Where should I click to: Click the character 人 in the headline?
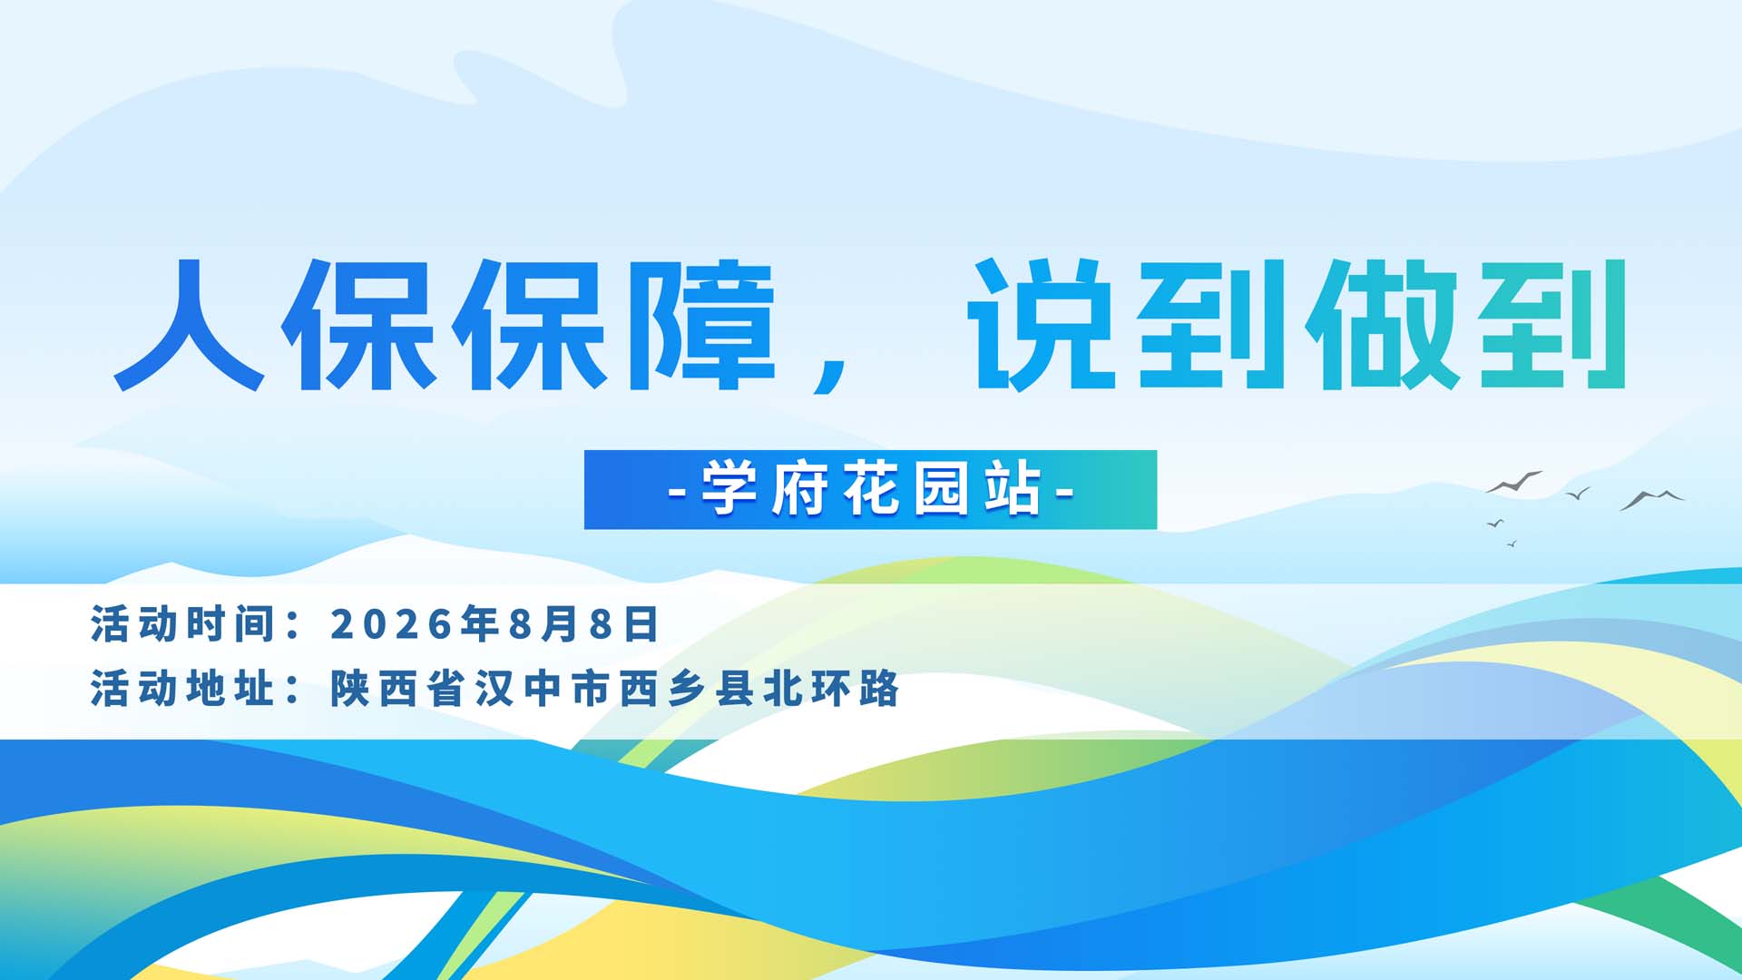[x=189, y=325]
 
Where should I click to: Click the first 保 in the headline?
[x=358, y=325]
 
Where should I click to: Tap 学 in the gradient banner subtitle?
[x=729, y=489]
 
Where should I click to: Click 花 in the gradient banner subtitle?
[x=871, y=489]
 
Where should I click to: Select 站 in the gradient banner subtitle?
[x=1013, y=489]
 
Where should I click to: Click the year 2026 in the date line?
[x=392, y=624]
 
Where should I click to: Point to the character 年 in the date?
[x=481, y=624]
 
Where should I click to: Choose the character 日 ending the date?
[x=641, y=624]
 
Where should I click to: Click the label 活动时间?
[x=182, y=624]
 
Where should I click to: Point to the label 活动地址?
[x=182, y=689]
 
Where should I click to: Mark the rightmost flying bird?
[x=1652, y=498]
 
